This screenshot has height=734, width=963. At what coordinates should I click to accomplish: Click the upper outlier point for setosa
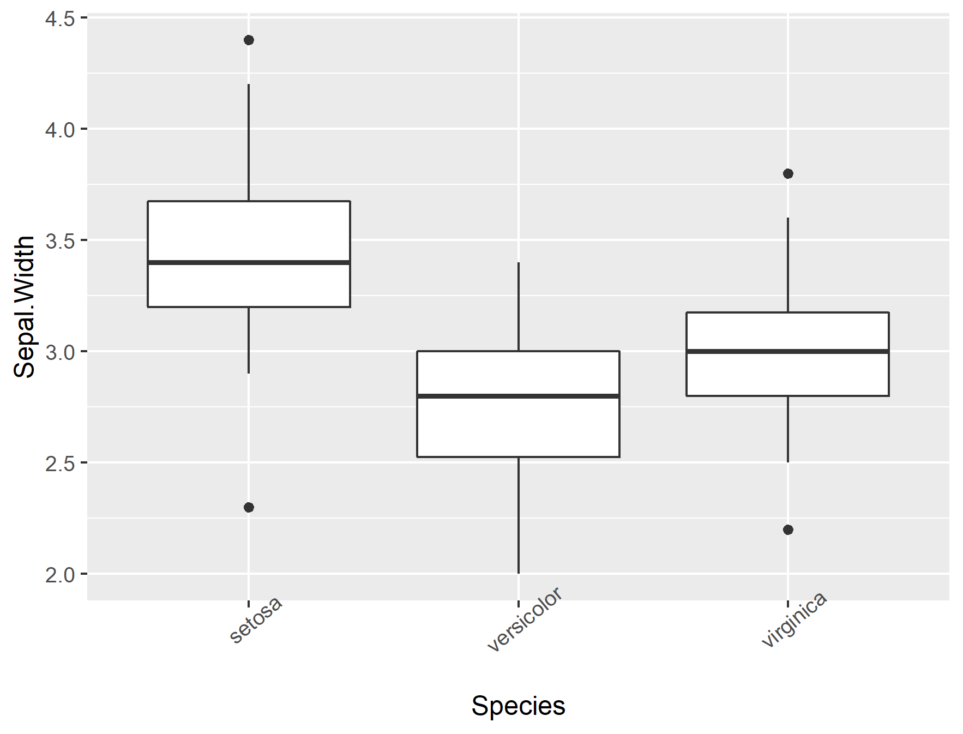pyautogui.click(x=249, y=40)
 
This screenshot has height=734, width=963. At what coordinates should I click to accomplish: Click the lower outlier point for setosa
pyautogui.click(x=249, y=507)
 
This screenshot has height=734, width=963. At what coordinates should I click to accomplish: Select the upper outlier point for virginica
pyautogui.click(x=787, y=173)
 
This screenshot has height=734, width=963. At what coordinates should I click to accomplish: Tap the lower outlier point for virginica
pyautogui.click(x=787, y=530)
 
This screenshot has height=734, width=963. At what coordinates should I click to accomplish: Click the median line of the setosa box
pyautogui.click(x=249, y=262)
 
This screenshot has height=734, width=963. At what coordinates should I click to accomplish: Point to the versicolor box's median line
pyautogui.click(x=518, y=396)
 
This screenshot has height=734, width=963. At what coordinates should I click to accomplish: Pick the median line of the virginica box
pyautogui.click(x=787, y=351)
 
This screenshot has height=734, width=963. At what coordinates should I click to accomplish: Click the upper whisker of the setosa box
pyautogui.click(x=249, y=142)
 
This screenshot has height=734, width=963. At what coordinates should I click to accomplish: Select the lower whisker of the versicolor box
pyautogui.click(x=518, y=515)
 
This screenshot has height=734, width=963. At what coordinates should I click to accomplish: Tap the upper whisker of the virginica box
pyautogui.click(x=787, y=264)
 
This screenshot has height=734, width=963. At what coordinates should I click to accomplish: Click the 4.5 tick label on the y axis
pyautogui.click(x=59, y=19)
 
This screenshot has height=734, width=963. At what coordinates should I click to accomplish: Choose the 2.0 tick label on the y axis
pyautogui.click(x=59, y=575)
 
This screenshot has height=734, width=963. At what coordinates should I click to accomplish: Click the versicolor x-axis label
pyautogui.click(x=524, y=619)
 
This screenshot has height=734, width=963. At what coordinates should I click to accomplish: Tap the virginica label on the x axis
pyautogui.click(x=794, y=619)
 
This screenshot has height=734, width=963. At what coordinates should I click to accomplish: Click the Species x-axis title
pyautogui.click(x=518, y=706)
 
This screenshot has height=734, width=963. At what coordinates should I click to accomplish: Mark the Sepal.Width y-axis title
pyautogui.click(x=25, y=307)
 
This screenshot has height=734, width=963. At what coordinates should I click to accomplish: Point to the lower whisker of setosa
pyautogui.click(x=249, y=340)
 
